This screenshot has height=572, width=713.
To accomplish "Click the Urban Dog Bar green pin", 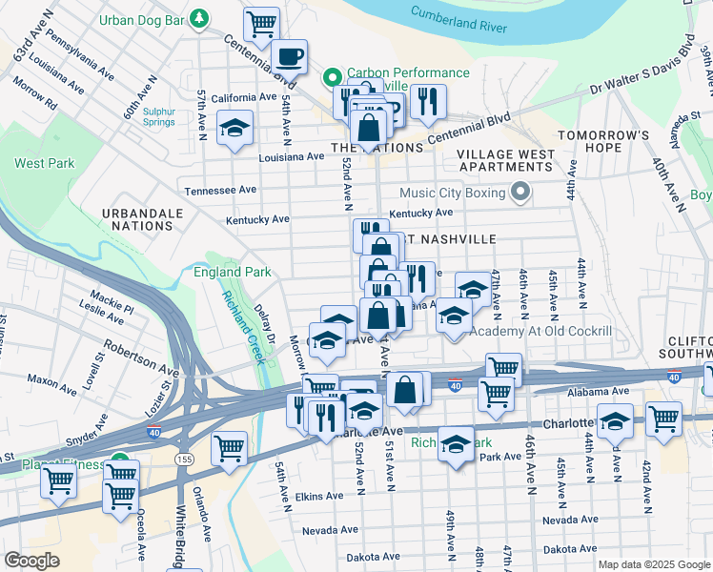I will [x=199, y=17].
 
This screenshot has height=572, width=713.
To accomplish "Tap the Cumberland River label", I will [x=458, y=19].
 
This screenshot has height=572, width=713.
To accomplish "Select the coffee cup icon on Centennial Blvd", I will [x=289, y=55].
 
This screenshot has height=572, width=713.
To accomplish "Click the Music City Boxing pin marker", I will [x=519, y=194].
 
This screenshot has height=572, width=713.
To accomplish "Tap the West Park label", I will [x=44, y=163].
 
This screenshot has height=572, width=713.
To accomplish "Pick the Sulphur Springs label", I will [x=159, y=116].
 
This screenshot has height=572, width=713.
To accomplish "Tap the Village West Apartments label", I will [x=505, y=160].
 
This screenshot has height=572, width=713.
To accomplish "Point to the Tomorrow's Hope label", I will [x=602, y=141].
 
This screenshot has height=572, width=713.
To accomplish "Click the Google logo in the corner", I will [x=31, y=561].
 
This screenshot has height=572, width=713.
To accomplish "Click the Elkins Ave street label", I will [x=318, y=496].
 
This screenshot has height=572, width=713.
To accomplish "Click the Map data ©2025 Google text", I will [x=653, y=563].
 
